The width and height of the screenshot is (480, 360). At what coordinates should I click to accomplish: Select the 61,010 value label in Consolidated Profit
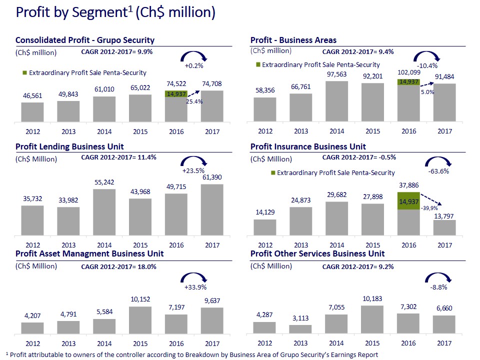pyautogui.click(x=104, y=89)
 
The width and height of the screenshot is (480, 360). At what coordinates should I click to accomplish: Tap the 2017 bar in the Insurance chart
pyautogui.click(x=444, y=227)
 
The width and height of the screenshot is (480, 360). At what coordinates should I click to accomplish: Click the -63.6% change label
pyautogui.click(x=438, y=171)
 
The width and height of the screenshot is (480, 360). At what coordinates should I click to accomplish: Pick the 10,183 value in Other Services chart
pyautogui.click(x=373, y=299)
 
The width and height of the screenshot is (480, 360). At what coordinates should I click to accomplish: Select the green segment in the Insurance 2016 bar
pyautogui.click(x=408, y=201)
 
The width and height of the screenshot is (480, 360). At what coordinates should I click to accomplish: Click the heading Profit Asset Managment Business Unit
pyautogui.click(x=89, y=254)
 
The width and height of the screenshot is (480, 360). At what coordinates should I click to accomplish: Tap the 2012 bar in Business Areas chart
pyautogui.click(x=265, y=109)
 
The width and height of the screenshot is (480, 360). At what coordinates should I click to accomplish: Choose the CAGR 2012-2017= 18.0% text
pyautogui.click(x=118, y=267)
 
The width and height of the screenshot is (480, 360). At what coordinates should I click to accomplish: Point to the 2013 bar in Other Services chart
pyautogui.click(x=301, y=329)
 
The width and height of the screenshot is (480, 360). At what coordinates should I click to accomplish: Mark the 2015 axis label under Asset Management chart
pyautogui.click(x=140, y=343)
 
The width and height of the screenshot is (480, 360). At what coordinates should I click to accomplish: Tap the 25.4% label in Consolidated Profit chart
pyautogui.click(x=194, y=101)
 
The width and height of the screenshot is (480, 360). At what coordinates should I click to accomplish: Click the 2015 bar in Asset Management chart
pyautogui.click(x=140, y=320)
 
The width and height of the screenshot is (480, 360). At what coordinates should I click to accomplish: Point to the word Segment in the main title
pyautogui.click(x=102, y=12)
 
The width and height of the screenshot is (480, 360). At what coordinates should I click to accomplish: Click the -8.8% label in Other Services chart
pyautogui.click(x=438, y=287)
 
